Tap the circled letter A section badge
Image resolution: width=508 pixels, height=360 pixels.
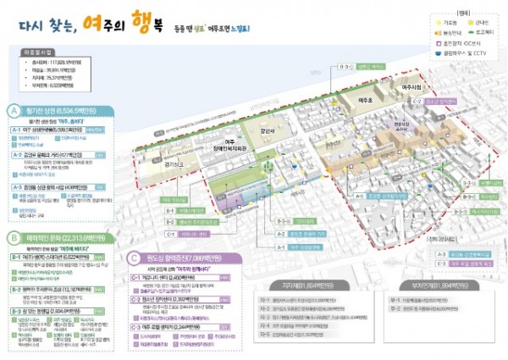(13, 109)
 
